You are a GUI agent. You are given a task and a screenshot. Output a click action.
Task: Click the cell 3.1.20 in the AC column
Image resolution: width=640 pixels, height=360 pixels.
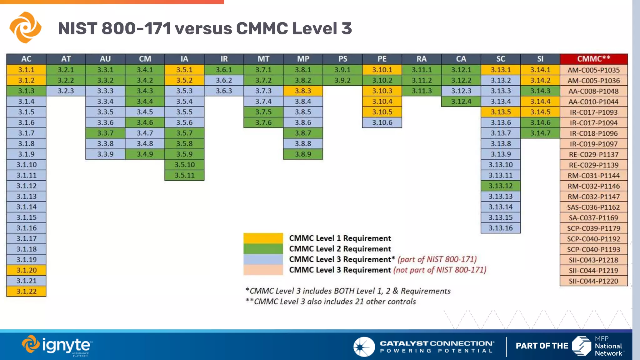point(26,270)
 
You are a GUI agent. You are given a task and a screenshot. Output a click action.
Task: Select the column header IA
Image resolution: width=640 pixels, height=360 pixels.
point(184,59)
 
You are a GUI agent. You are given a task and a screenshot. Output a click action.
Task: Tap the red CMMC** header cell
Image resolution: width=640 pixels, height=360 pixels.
point(593,59)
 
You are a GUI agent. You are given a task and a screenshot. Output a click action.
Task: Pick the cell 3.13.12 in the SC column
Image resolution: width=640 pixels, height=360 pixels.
point(500,186)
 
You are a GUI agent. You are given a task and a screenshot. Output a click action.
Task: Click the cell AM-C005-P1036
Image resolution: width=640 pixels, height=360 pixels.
point(593,81)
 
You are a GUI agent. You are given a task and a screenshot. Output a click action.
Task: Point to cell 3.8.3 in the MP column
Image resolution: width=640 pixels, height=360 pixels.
point(303,91)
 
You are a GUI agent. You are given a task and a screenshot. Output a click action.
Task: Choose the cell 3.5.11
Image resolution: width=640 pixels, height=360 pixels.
point(184,175)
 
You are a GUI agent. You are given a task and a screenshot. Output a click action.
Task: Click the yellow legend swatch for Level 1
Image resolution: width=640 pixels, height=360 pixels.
point(263,238)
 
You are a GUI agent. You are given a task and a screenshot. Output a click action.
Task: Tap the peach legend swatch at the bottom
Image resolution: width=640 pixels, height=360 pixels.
point(263,270)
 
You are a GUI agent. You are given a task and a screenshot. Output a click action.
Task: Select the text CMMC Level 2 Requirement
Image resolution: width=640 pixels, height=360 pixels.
point(340,249)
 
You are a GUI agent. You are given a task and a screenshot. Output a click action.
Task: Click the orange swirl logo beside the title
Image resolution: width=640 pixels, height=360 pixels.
point(25,27)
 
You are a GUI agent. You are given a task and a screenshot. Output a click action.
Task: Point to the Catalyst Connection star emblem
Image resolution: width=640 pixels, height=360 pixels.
point(364,347)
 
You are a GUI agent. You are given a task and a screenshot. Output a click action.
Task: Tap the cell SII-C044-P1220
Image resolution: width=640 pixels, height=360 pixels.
point(593,281)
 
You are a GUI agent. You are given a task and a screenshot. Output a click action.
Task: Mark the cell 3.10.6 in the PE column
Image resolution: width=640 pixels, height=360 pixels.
point(382,122)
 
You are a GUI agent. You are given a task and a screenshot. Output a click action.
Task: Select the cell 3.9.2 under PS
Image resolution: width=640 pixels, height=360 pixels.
point(342,80)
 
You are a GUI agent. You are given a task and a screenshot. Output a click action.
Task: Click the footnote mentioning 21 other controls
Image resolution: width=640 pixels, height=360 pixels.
point(331,302)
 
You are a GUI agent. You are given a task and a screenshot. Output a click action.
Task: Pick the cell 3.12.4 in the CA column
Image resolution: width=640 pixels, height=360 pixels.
point(461,102)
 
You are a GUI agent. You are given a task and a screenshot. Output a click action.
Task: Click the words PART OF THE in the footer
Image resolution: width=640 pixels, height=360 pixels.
point(542,346)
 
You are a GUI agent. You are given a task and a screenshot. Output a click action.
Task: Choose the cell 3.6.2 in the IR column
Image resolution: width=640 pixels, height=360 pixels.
point(224,80)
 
